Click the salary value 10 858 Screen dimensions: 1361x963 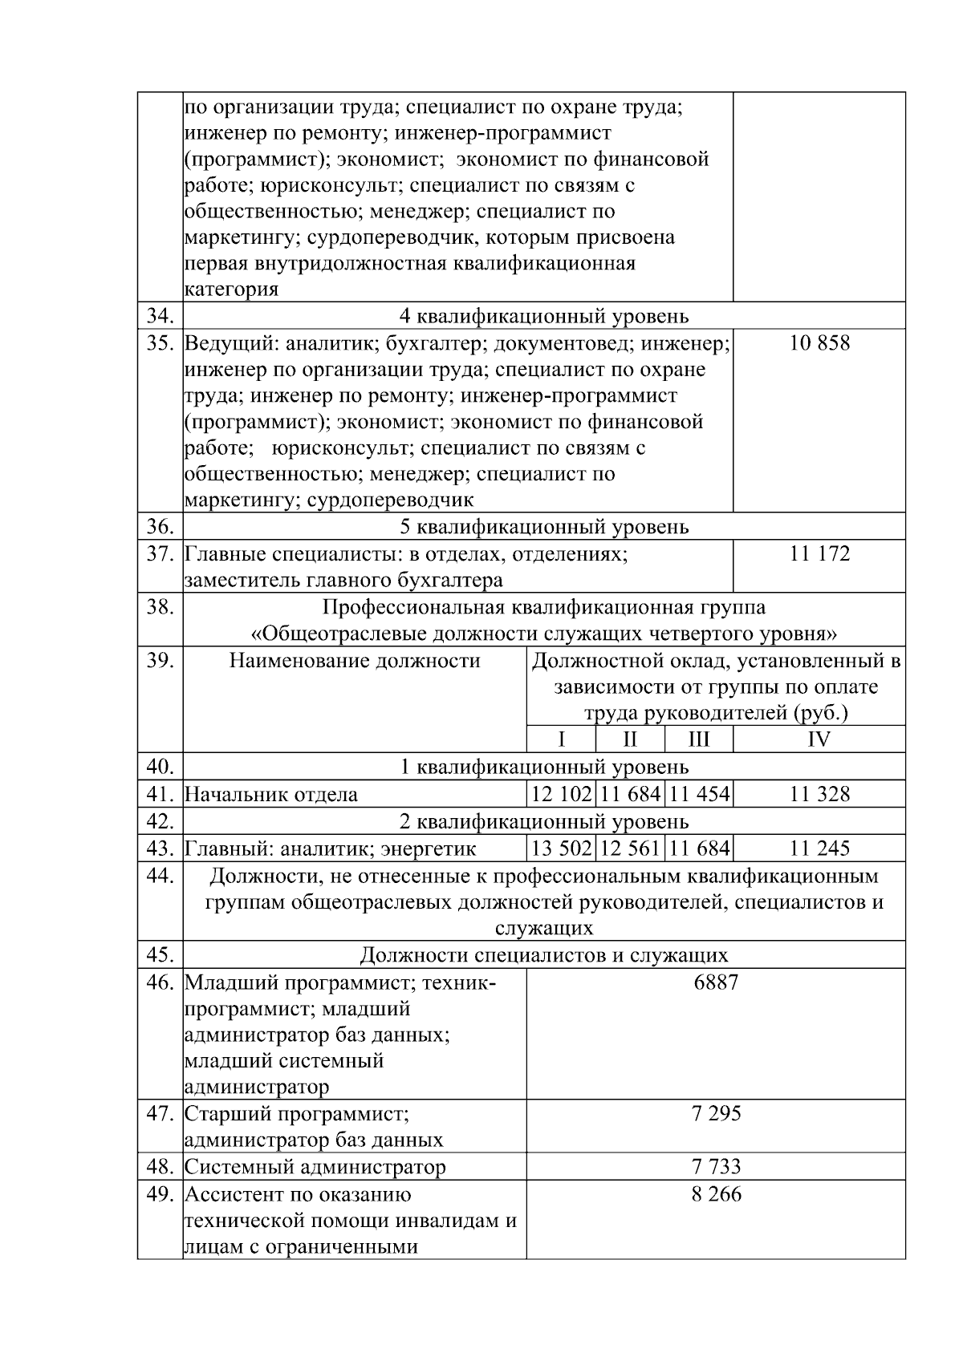pos(819,343)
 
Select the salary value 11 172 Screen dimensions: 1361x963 pos(819,553)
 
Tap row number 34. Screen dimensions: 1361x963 pos(160,316)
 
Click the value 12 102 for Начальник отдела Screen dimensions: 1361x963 pos(561,795)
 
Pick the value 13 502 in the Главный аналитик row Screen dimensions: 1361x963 pos(561,849)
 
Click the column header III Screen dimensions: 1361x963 pos(698,739)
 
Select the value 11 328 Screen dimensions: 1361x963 pos(819,795)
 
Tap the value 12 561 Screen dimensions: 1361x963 pos(630,849)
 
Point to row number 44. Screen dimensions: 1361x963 pos(160,876)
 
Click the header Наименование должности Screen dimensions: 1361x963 pos(355,661)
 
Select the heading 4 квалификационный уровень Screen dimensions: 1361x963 pos(543,316)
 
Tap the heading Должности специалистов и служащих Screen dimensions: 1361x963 pos(543,955)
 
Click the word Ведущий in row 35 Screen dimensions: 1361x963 pos(224,344)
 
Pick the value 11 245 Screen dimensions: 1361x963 pos(819,849)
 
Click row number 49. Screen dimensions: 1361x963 pos(160,1194)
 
